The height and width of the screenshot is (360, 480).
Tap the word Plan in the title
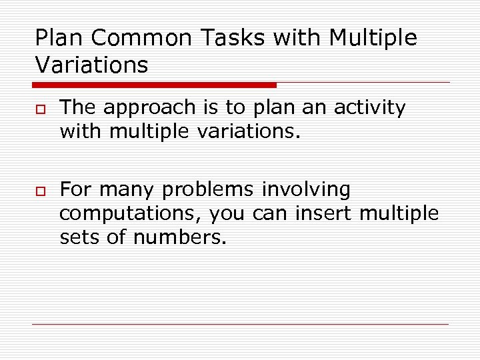[x=58, y=38]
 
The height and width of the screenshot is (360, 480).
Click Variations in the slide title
[x=91, y=65]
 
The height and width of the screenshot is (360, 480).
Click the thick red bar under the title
[x=154, y=85]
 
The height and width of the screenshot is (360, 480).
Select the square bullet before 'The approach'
[x=41, y=109]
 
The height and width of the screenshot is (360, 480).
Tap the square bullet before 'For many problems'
[x=41, y=192]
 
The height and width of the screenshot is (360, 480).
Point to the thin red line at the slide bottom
[x=240, y=325]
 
